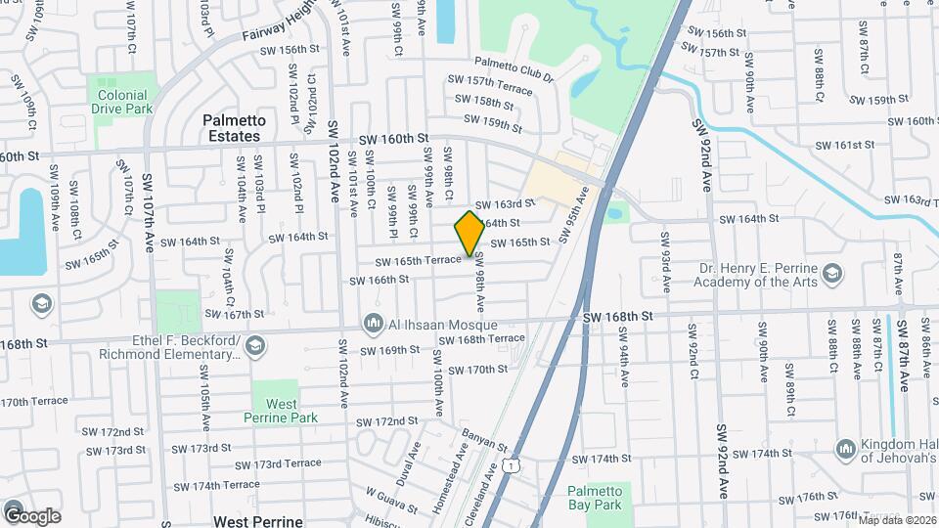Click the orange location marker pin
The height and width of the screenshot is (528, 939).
click(x=469, y=234)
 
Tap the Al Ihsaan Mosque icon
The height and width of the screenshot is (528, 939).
click(x=372, y=323)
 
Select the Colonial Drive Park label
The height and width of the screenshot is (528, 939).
click(x=124, y=103)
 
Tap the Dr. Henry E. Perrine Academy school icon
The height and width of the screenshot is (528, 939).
click(x=831, y=273)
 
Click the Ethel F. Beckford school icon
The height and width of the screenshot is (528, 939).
click(x=255, y=345)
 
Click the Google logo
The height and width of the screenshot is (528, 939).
click(x=32, y=515)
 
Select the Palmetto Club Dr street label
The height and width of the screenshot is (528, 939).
click(x=514, y=68)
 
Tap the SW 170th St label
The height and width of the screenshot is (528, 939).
click(x=477, y=370)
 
